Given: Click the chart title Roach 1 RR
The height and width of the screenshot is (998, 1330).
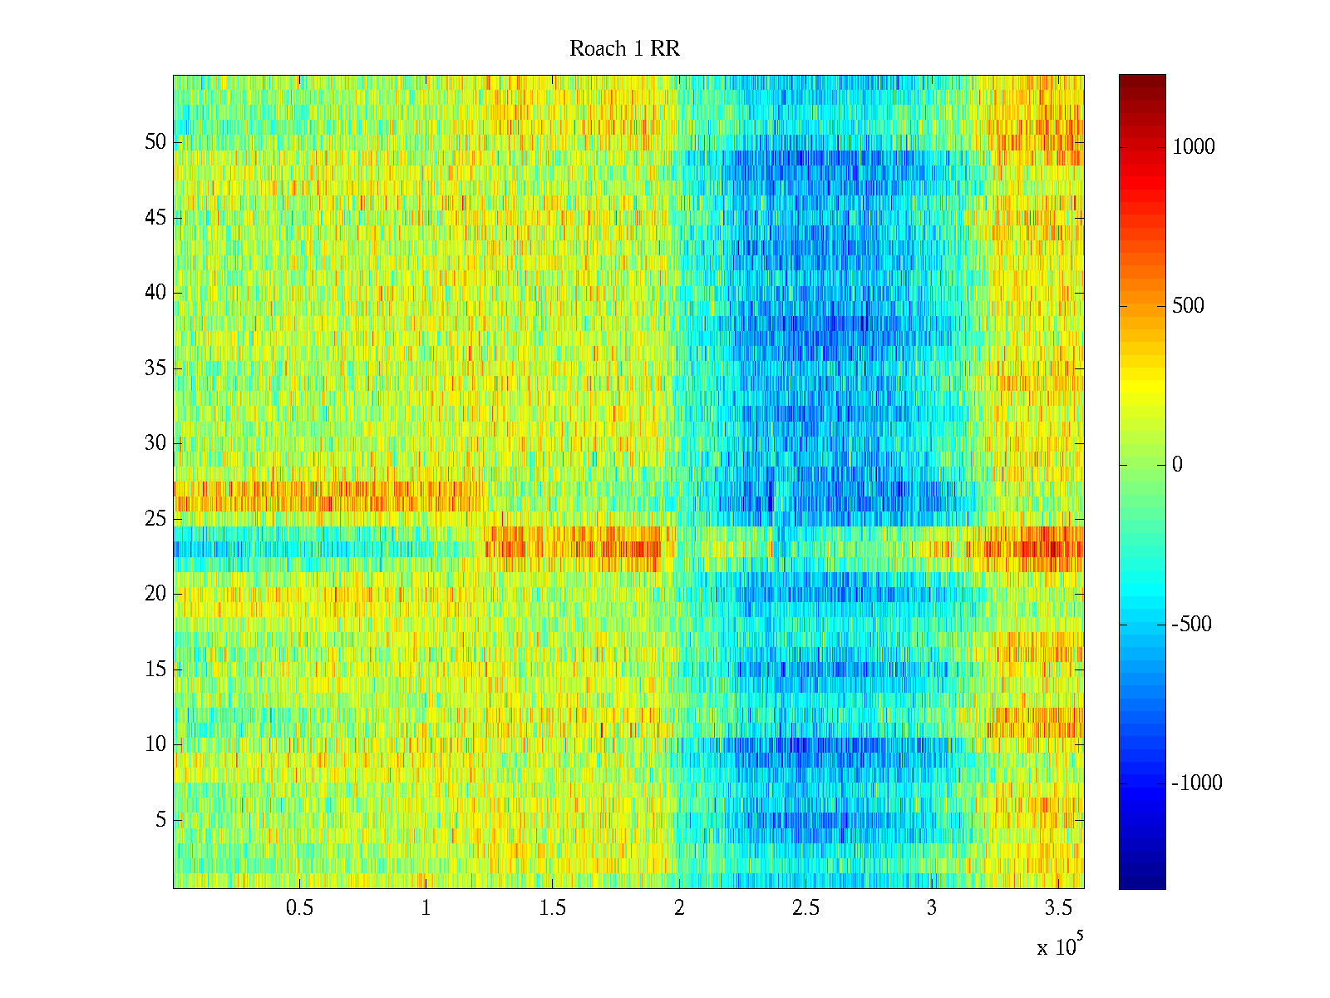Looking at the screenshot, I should (x=624, y=49).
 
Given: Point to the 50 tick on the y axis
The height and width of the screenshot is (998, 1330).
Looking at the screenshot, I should (x=155, y=142).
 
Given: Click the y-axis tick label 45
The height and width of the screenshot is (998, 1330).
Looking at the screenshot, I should (x=155, y=218).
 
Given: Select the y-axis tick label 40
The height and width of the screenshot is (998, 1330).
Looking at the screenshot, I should (x=155, y=293).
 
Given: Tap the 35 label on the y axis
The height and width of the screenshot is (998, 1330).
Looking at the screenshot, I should (x=155, y=368).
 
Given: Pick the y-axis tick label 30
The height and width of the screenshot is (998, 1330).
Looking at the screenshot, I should (x=155, y=443).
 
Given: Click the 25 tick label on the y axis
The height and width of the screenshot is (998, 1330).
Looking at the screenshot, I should (x=155, y=519).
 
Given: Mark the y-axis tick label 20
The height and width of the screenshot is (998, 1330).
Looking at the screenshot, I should (x=155, y=594).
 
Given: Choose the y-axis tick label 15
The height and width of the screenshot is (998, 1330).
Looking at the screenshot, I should (x=155, y=669).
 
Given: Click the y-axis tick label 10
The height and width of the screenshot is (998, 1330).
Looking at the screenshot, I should (x=155, y=744).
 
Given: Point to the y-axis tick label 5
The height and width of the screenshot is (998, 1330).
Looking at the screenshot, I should (x=160, y=820).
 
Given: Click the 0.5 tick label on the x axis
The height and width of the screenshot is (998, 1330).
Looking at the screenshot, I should (x=299, y=908).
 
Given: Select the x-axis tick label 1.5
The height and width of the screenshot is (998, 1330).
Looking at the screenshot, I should (x=552, y=908).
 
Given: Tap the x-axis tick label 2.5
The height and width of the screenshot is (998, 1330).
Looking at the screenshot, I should (x=805, y=908).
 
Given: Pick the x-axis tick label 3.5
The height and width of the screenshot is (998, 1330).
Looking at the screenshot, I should (x=1057, y=908).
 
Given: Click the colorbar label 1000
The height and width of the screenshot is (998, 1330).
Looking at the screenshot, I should (x=1194, y=147).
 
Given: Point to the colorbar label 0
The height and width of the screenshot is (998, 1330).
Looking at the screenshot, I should (x=1177, y=465).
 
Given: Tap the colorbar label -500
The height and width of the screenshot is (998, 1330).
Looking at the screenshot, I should (x=1192, y=625).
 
